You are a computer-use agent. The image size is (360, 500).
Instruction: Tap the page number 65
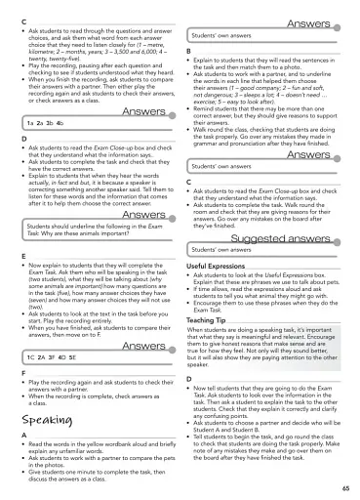click(x=345, y=486)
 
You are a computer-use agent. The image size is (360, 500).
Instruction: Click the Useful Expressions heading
click(x=220, y=266)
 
